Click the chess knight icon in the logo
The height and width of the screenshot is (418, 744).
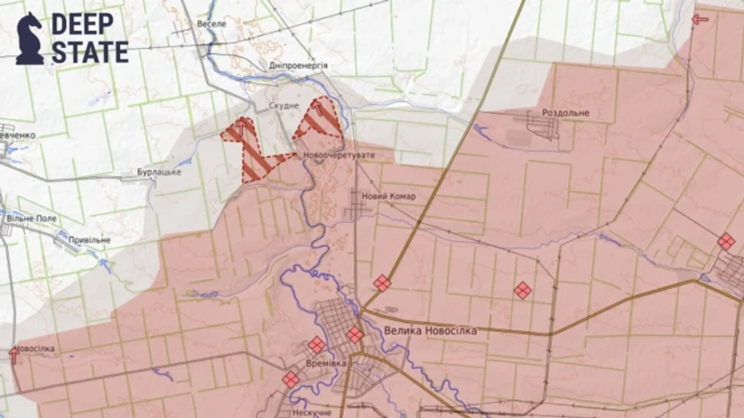pos(30,38)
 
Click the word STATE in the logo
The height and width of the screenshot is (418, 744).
pos(90,51)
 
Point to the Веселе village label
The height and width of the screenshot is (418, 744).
pos(211,24)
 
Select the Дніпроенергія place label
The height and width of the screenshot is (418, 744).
pos(298,65)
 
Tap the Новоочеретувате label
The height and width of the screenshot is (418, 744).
pos(339,156)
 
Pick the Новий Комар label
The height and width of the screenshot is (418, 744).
pos(389,196)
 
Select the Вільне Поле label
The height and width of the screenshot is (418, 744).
pos(31,217)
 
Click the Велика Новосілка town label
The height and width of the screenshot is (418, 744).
pos(430,330)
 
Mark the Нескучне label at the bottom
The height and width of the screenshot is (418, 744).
pos(311,412)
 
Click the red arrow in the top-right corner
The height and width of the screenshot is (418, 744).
pos(700,19)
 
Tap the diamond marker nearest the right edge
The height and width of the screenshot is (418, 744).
pos(726,241)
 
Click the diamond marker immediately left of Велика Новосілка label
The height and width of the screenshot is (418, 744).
pos(355,334)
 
